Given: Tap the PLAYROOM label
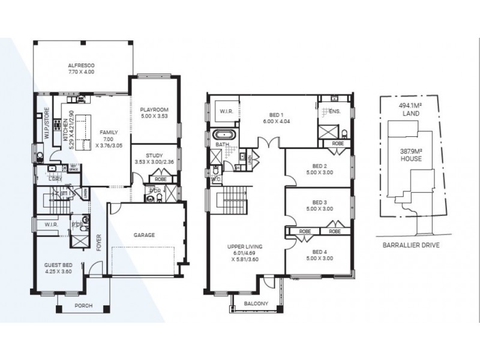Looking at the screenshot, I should coord(154,109).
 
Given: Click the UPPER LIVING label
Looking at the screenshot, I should coord(245,247).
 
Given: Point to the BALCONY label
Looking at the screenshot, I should coord(256,304).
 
